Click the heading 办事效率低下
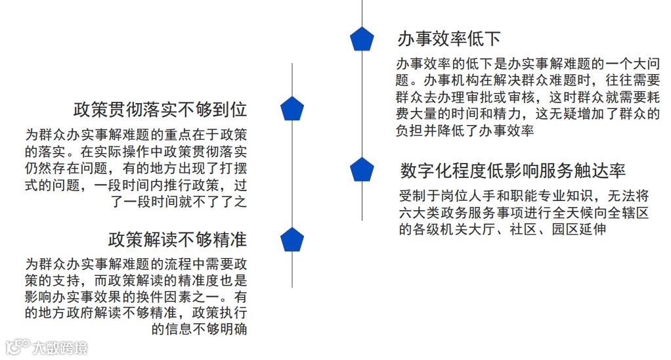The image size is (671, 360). (449, 39)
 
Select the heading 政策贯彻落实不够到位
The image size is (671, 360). (160, 109)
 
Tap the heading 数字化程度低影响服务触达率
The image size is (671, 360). (513, 171)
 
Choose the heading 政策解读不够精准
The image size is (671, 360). (177, 238)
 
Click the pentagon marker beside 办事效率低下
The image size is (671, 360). (362, 39)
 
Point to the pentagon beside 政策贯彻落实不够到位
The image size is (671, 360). (292, 109)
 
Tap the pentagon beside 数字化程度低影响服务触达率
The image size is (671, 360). (362, 170)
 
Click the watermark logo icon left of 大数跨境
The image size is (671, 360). (17, 348)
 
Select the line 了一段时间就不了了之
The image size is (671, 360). (178, 202)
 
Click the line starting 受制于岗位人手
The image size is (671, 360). (524, 196)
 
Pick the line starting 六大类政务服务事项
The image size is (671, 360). (524, 213)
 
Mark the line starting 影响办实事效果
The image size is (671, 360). (137, 296)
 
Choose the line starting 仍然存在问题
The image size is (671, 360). (137, 168)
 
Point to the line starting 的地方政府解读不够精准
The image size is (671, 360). (137, 313)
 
